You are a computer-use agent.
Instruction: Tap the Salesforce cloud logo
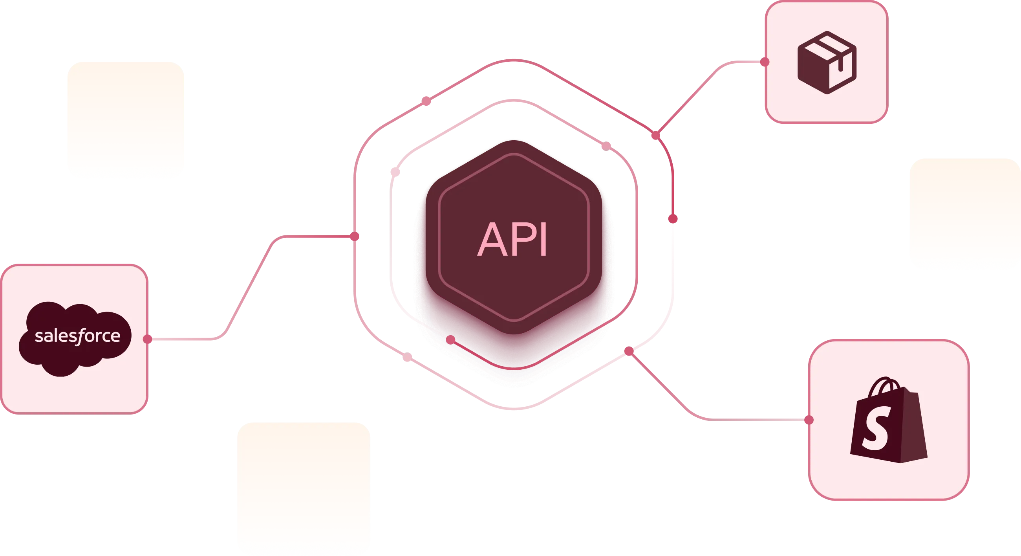click(x=75, y=338)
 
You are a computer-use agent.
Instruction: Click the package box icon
click(x=826, y=62)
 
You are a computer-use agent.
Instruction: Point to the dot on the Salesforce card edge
click(x=147, y=339)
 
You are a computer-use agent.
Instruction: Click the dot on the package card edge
click(x=765, y=62)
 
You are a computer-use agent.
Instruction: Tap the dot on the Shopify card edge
click(x=809, y=420)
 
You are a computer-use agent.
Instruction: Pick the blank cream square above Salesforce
click(x=125, y=119)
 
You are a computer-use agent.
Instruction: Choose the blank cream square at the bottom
click(x=303, y=488)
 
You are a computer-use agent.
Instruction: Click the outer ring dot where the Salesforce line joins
click(x=355, y=237)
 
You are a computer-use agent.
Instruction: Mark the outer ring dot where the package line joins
click(x=656, y=135)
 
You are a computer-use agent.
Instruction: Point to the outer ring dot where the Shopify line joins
click(x=629, y=351)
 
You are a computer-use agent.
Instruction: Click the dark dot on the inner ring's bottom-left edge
click(x=450, y=340)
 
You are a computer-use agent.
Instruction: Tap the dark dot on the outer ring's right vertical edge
click(x=673, y=218)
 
